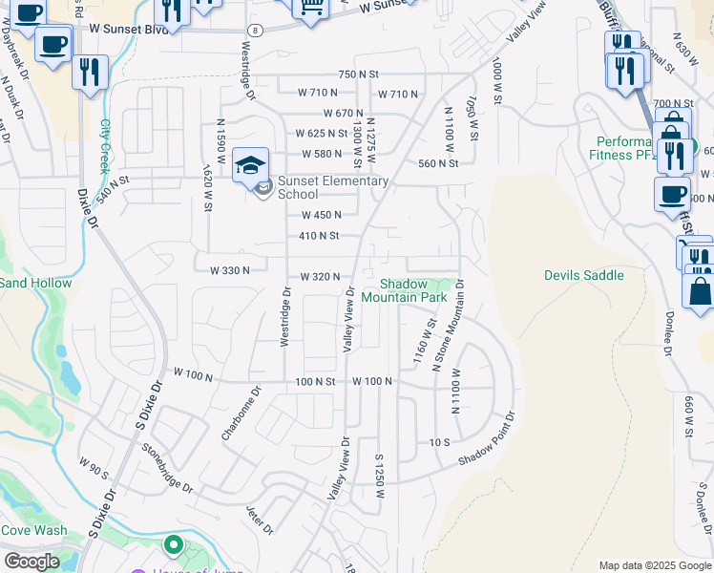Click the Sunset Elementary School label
point(332,187)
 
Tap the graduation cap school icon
point(250,166)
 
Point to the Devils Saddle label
point(584,275)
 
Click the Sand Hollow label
point(35,283)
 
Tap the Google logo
point(31,562)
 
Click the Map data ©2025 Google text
point(655,565)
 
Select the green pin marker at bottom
point(173,546)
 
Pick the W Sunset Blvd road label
point(130,30)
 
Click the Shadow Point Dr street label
point(486,441)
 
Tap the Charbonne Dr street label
point(241,413)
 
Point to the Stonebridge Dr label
point(167,468)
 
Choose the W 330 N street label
point(230,270)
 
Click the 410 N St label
point(319,235)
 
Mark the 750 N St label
point(359,74)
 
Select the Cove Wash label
point(33,531)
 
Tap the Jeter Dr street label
point(260,520)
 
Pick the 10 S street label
point(439,442)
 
